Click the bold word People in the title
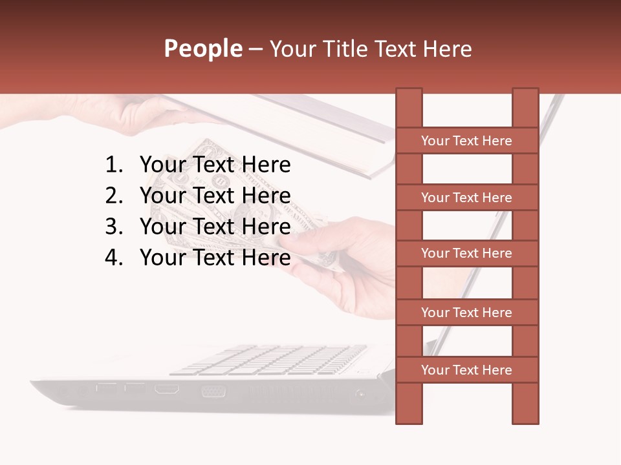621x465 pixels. coord(202,49)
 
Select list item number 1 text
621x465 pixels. coord(215,165)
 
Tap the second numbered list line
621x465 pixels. coord(215,196)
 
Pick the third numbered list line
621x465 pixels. coord(215,227)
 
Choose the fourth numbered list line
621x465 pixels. coord(215,258)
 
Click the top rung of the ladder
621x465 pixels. coord(466,141)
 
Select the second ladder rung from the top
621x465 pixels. coord(466,198)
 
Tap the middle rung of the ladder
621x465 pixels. coord(466,254)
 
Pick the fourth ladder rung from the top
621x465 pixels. coord(466,313)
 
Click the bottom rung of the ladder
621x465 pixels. coord(466,370)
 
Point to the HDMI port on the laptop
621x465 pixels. coord(167,389)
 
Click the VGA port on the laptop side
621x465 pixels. coord(213,391)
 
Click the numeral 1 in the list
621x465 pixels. coord(113,165)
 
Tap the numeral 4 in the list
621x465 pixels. coord(113,258)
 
